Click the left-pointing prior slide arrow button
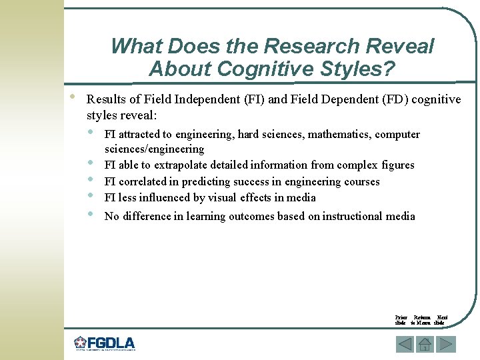point(405,345)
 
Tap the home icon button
point(425,345)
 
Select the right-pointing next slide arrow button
point(446,345)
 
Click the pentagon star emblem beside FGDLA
point(81,343)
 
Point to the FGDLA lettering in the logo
point(111,343)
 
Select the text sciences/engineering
point(154,149)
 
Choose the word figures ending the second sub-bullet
point(398,165)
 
